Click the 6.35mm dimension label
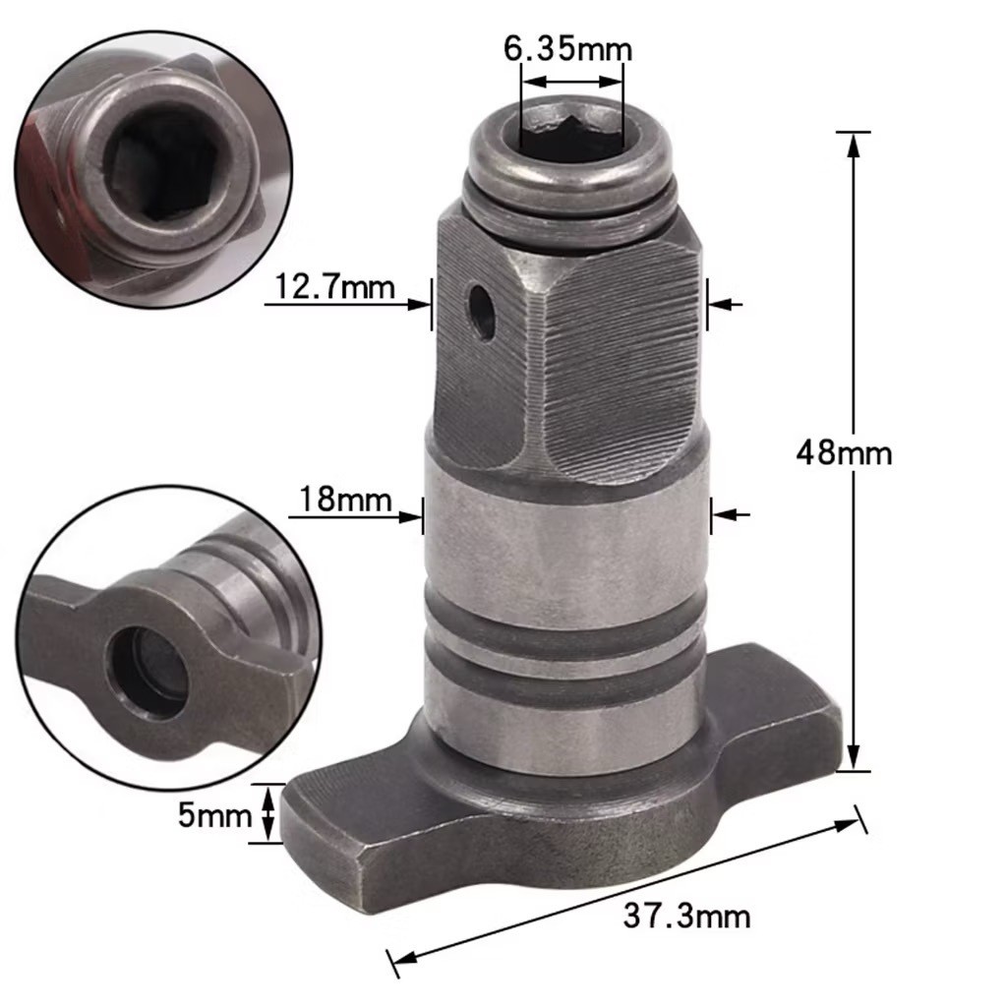(x=567, y=48)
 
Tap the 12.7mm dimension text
(x=334, y=286)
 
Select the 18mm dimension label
(x=345, y=499)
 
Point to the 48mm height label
(x=844, y=453)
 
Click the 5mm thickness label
(x=214, y=815)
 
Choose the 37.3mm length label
(x=686, y=916)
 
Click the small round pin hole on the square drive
(x=482, y=311)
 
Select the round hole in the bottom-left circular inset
(x=149, y=672)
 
